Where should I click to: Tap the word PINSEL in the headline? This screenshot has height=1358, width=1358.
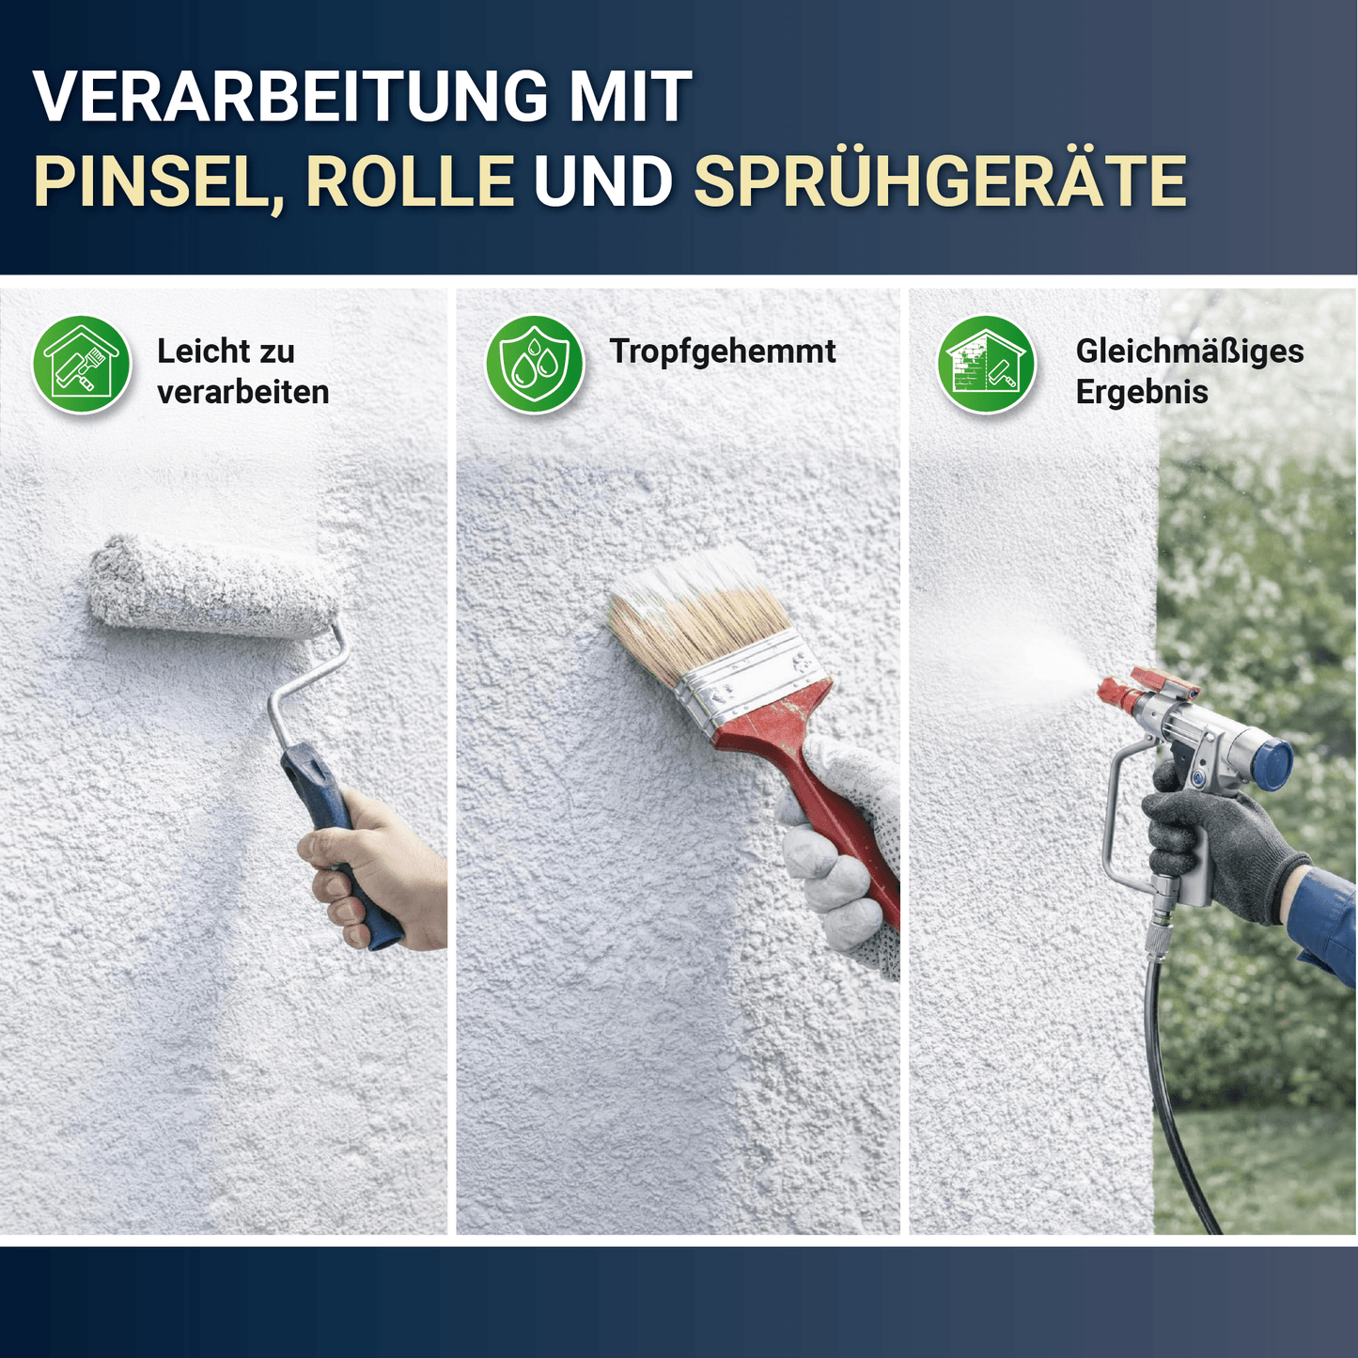click(152, 181)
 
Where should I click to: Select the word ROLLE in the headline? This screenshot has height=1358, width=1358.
click(410, 181)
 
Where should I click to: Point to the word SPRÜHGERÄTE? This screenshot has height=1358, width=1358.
click(940, 181)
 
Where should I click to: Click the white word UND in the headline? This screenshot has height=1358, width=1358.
click(602, 181)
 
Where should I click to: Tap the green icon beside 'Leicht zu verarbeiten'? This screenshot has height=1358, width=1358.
click(82, 365)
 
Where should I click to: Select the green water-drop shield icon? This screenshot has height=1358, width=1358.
click(534, 365)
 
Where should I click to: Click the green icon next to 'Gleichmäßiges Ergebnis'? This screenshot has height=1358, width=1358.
click(987, 365)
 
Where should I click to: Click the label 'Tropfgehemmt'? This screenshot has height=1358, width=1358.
click(722, 351)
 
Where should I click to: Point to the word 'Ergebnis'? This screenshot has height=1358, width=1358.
click(1141, 392)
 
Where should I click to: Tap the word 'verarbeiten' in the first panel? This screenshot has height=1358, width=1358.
click(242, 392)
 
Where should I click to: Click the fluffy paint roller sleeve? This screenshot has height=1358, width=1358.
click(211, 587)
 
